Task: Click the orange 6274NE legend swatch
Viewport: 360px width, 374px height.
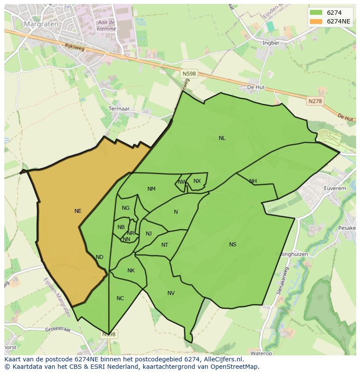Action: point(316,21)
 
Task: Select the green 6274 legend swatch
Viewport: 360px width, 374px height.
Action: point(316,13)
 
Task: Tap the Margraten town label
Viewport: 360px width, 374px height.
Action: point(41,24)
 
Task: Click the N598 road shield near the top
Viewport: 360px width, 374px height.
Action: point(189,74)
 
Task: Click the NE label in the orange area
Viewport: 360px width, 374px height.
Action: point(78,211)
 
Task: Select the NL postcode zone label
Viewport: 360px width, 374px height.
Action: point(222,138)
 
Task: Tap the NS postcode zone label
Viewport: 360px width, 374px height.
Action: point(233,245)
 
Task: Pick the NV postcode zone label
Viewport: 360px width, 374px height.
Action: point(171,293)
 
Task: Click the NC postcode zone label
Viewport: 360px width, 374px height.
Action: point(120,298)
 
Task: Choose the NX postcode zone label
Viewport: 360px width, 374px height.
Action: point(197,181)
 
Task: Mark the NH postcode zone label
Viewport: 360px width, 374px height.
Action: point(253,181)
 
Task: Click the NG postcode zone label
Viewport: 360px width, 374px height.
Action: point(126,208)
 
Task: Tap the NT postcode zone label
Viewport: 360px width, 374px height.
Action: point(164,245)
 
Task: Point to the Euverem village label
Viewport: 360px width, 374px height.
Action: point(335,189)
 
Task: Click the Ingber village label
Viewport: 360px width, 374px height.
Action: point(271,43)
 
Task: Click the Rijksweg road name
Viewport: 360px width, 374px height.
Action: point(73,45)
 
